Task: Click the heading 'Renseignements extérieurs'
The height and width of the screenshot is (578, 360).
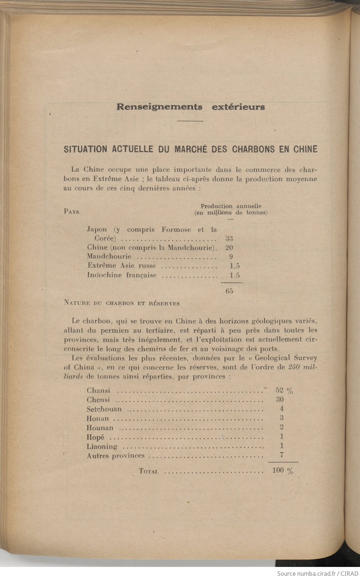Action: pos(191,107)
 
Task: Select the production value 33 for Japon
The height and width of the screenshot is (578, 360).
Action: pos(229,239)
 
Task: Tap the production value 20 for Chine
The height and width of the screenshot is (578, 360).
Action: pos(229,248)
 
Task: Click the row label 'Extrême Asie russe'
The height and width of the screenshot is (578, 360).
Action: pos(122,266)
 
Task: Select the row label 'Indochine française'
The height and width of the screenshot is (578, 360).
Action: pos(122,275)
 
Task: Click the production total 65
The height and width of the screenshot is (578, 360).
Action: pos(229,291)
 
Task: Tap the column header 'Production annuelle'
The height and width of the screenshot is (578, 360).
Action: pos(231,206)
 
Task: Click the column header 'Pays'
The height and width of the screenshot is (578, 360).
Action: pos(72,212)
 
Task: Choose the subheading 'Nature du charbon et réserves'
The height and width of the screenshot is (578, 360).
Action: pos(122,303)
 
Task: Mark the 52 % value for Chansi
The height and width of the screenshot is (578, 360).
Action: pos(284,391)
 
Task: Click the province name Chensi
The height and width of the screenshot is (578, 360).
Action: pos(98,400)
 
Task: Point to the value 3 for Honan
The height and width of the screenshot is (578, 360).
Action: pos(281,418)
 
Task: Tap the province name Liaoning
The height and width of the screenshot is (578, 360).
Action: pos(102,447)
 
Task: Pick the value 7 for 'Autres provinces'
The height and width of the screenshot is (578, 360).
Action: pos(282,455)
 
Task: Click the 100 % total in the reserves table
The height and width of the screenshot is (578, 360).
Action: pos(283,471)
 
